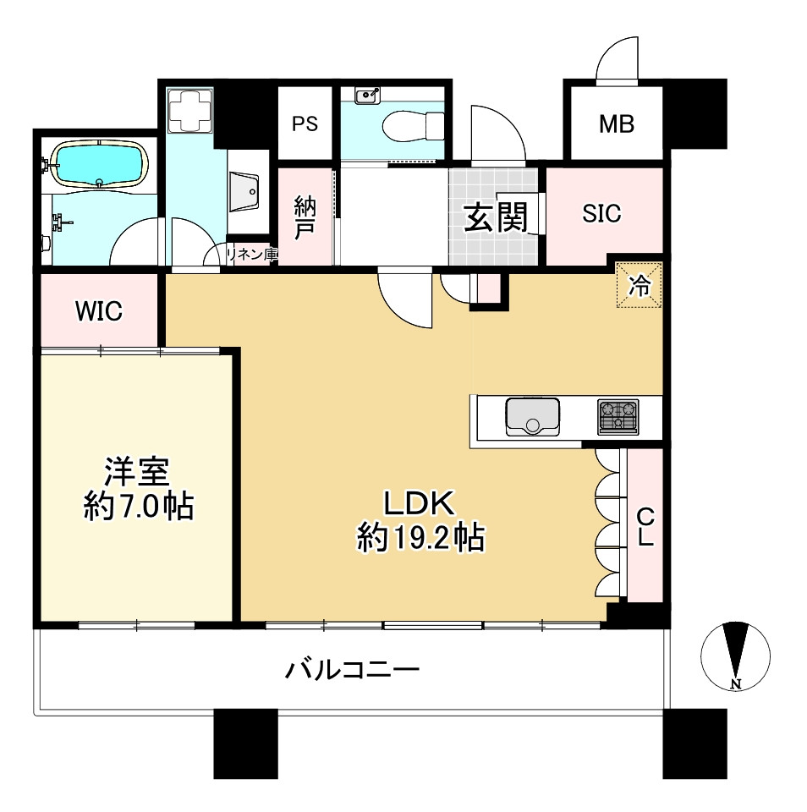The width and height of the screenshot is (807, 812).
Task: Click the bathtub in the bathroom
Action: point(100,164)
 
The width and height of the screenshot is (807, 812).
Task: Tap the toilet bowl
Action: point(412,128)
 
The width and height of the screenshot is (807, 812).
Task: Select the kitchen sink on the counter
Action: point(533,416)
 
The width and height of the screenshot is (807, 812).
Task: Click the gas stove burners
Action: point(618,415)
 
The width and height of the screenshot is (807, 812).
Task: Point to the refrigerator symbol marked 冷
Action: point(640,286)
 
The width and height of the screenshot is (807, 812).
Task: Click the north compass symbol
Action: point(736,656)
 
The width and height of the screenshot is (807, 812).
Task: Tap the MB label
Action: point(616,124)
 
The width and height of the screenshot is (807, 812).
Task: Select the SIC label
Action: point(601,214)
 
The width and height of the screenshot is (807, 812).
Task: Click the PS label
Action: point(305,124)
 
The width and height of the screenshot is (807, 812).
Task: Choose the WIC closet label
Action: point(98,311)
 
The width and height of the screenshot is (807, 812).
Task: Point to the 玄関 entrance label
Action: point(495,218)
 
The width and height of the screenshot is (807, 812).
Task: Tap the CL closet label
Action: point(645,527)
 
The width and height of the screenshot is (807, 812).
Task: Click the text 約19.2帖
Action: point(420,537)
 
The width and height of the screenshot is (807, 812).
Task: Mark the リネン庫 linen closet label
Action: point(251,253)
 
